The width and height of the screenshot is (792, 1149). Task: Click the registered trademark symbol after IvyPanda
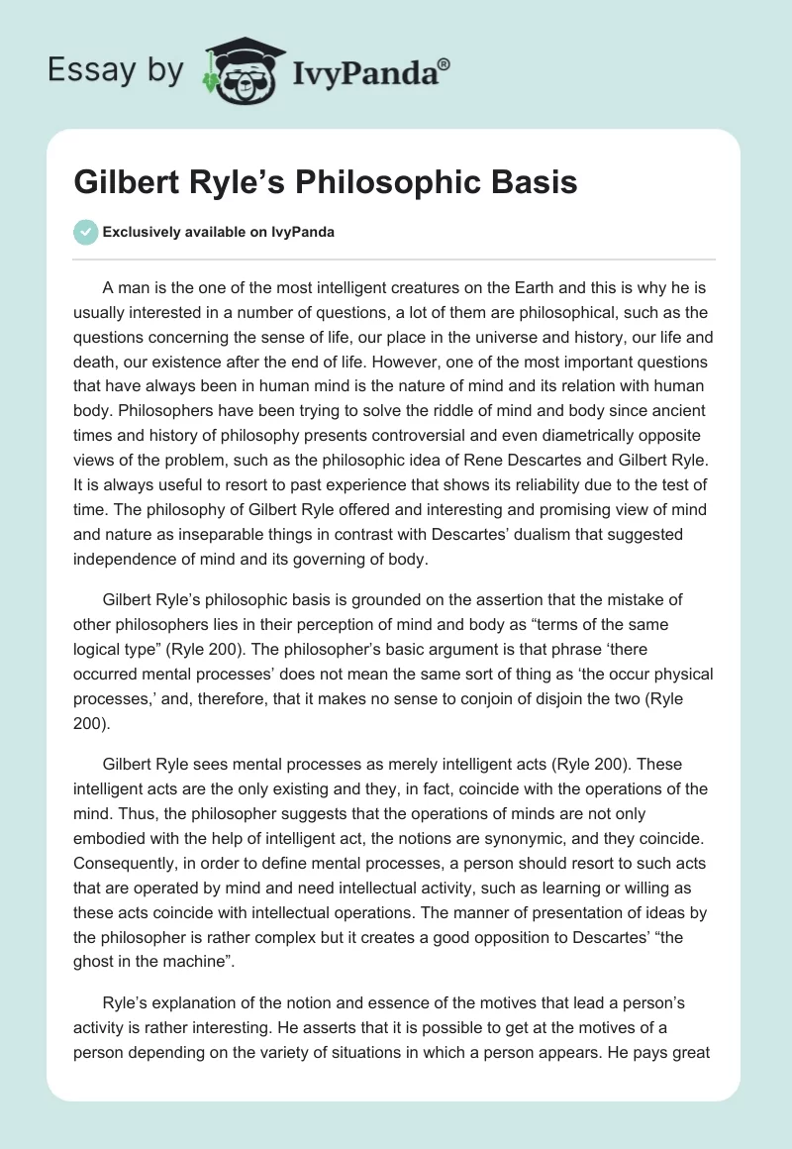(x=444, y=64)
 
